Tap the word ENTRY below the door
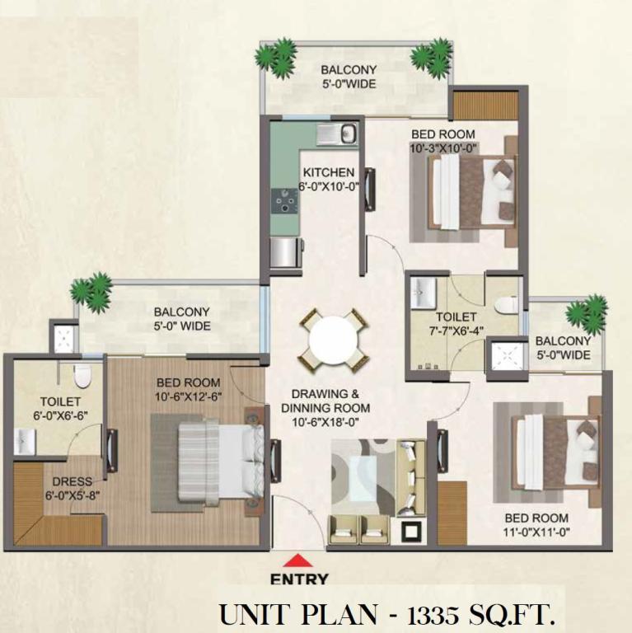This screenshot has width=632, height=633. tap(299, 579)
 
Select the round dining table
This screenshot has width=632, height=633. tap(334, 341)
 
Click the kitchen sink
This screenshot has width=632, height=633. tap(336, 134)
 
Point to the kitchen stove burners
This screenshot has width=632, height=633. tap(285, 200)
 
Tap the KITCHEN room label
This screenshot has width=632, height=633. tap(329, 172)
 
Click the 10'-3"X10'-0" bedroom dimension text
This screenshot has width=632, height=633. tap(443, 148)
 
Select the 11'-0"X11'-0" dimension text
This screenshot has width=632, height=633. tap(536, 532)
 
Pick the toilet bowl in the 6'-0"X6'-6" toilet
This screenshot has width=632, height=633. tap(82, 375)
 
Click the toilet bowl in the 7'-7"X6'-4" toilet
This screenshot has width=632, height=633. tap(507, 305)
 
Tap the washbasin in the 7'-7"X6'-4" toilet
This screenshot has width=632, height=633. tap(424, 293)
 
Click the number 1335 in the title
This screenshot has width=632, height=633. tap(433, 615)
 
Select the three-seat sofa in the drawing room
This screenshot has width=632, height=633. tap(411, 478)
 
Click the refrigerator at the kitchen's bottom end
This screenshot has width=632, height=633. tap(286, 253)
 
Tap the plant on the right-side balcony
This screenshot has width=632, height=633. tap(587, 315)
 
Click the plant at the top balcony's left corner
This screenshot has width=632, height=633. tap(276, 58)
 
